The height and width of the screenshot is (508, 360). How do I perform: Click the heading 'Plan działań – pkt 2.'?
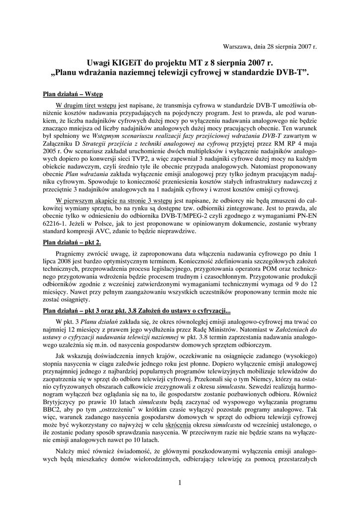(71, 242)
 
